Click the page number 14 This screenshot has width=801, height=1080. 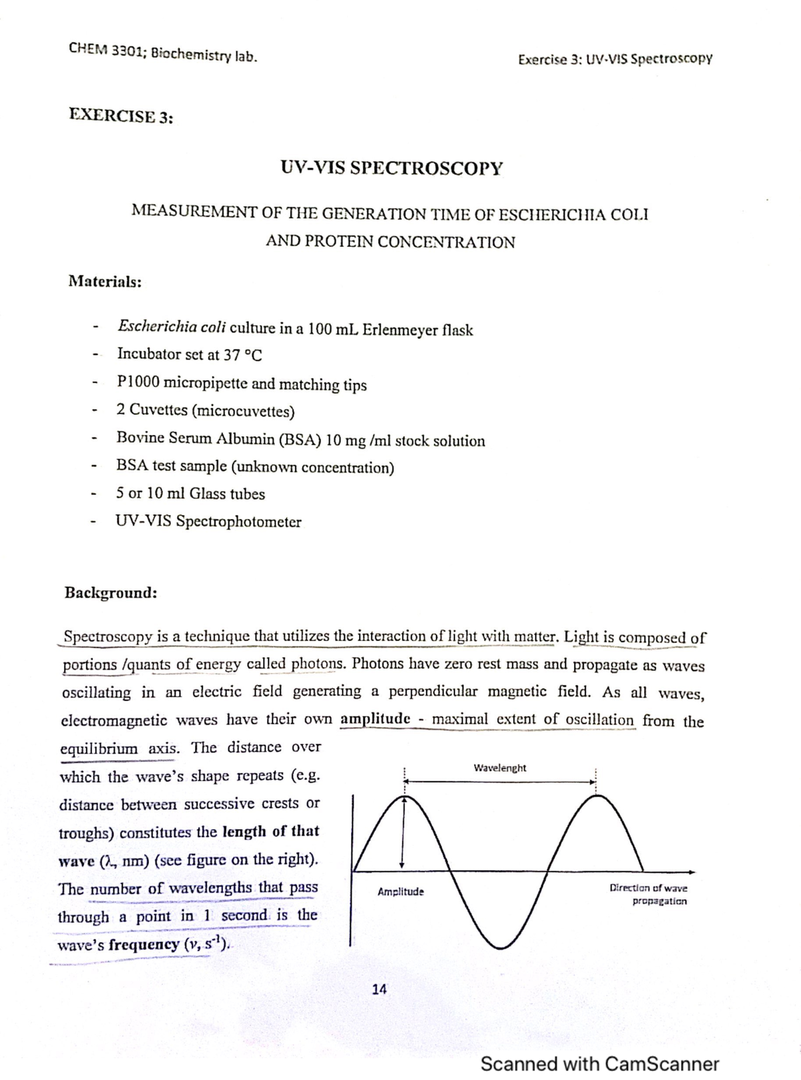click(378, 989)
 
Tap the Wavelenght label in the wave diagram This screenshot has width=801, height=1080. click(499, 768)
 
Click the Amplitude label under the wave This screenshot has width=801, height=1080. click(400, 892)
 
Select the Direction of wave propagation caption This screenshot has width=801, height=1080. click(648, 895)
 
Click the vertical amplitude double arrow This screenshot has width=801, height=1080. click(402, 833)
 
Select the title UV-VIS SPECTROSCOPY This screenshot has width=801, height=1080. click(391, 167)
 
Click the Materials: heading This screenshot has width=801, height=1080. click(105, 282)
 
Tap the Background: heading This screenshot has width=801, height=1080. click(110, 593)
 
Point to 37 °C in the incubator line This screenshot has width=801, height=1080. click(242, 355)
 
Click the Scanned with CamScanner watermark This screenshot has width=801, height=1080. click(599, 1063)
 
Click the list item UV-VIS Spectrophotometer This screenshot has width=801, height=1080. click(209, 522)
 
